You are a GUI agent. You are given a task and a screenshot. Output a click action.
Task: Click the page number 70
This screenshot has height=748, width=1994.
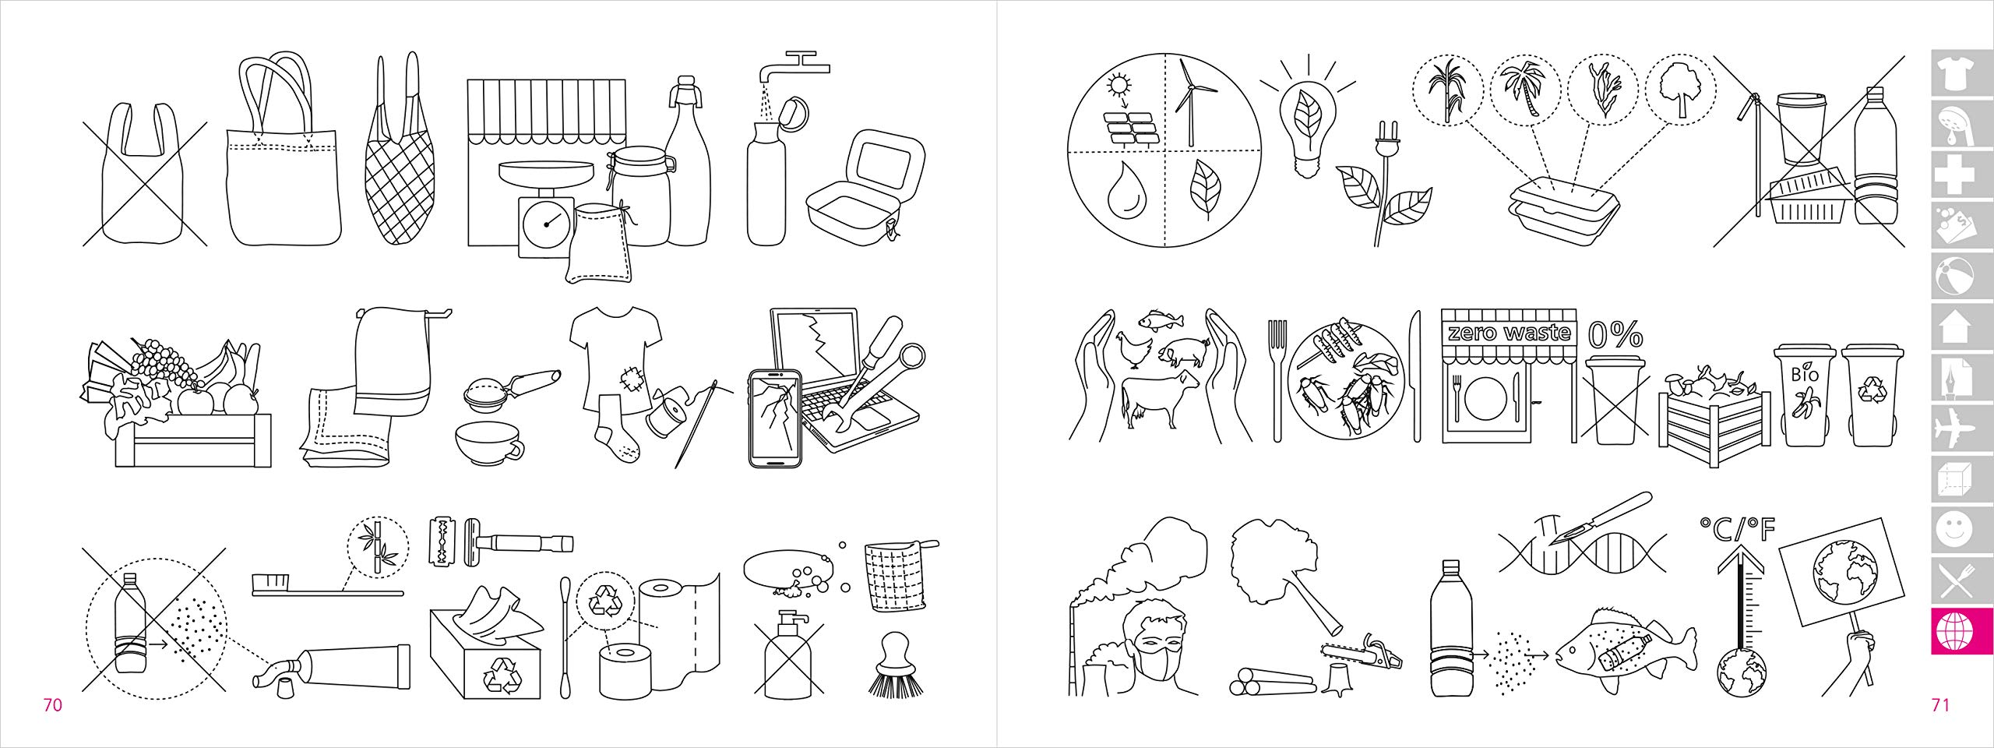click(x=52, y=706)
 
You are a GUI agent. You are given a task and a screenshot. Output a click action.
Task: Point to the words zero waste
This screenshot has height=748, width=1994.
click(x=1509, y=333)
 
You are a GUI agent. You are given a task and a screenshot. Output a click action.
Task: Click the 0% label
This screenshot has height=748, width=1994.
click(x=1615, y=335)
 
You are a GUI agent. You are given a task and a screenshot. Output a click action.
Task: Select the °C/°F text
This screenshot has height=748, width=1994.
click(x=1737, y=530)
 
